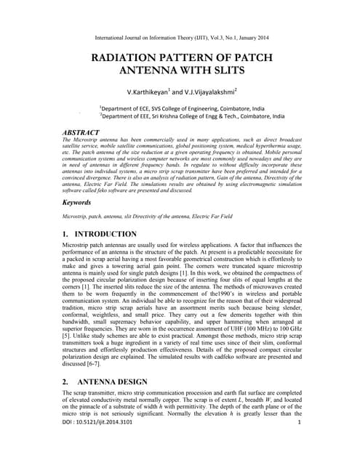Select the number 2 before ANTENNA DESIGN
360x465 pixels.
click(57, 382)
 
